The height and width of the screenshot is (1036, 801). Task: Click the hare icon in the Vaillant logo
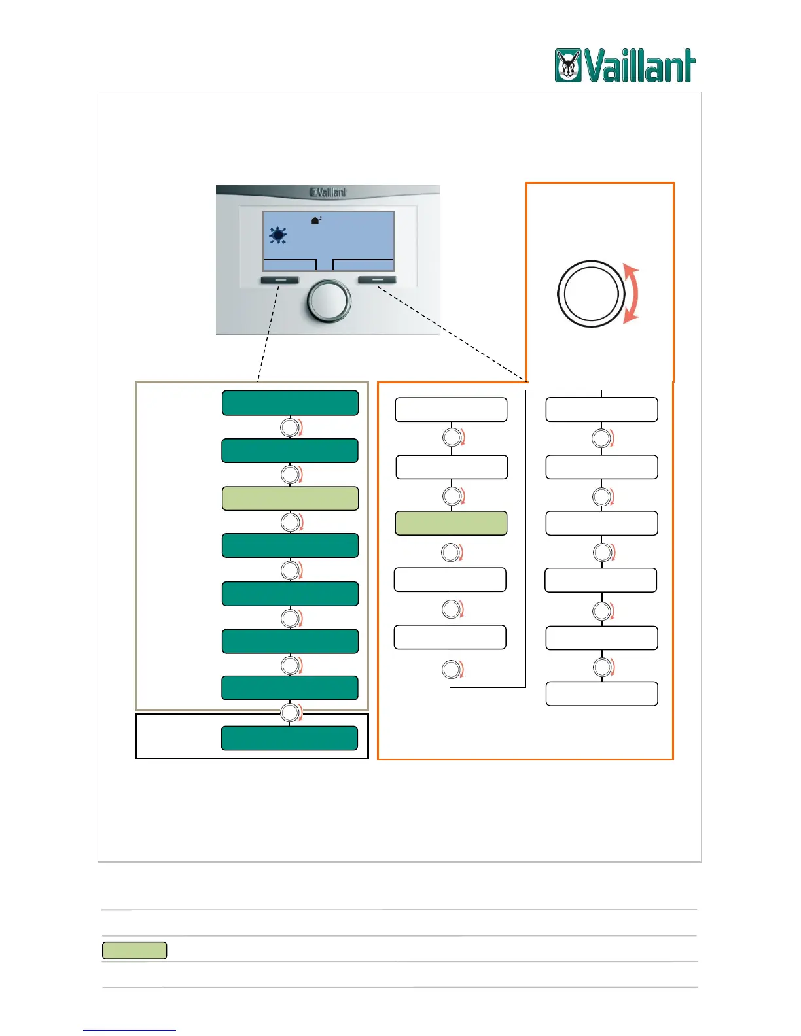(568, 66)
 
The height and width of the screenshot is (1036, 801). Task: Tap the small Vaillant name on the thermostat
(328, 192)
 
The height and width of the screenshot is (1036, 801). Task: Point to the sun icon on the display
(278, 235)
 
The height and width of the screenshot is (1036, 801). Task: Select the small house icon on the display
(316, 220)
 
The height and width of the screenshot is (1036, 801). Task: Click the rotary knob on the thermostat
(329, 302)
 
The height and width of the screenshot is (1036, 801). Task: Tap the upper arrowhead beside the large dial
(630, 271)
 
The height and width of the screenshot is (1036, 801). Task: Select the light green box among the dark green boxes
(290, 498)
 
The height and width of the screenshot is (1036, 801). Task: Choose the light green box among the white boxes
(451, 523)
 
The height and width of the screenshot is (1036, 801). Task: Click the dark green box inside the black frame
(289, 738)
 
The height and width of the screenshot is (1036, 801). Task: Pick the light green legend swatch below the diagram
(134, 950)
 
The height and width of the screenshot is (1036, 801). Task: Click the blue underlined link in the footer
(130, 1030)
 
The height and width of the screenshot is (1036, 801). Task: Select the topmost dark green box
(290, 403)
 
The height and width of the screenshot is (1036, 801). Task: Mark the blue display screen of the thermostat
(329, 235)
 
